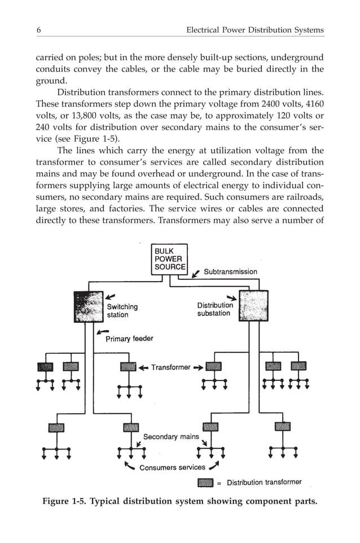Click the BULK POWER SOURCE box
(169, 259)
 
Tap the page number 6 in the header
(38, 29)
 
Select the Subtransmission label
(230, 272)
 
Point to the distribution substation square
(253, 306)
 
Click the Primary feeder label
(129, 339)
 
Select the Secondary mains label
(171, 437)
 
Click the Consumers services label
(172, 467)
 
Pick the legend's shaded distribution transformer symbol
(205, 483)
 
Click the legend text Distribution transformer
(264, 483)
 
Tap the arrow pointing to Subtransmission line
(196, 274)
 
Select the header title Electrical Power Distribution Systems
(255, 29)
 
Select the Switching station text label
(122, 310)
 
